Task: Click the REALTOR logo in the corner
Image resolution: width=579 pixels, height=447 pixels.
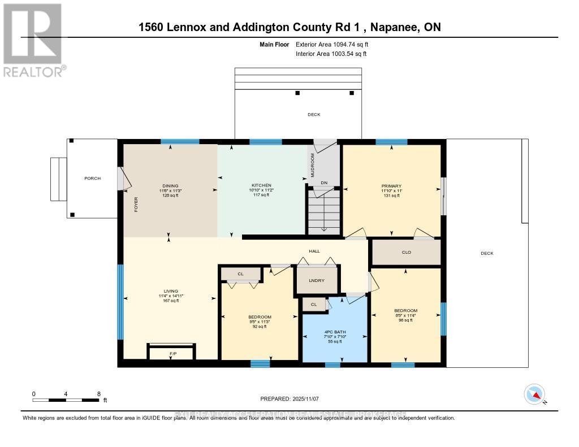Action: click(33, 40)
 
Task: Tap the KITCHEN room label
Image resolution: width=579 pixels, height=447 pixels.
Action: click(261, 185)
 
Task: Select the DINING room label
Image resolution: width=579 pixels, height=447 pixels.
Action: click(170, 186)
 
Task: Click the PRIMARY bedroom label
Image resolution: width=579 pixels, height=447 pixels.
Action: click(391, 186)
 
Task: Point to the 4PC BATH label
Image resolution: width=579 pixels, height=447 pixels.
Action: click(335, 332)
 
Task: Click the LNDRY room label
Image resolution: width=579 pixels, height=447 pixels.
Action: click(317, 280)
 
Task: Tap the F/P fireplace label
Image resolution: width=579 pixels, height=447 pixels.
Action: click(172, 354)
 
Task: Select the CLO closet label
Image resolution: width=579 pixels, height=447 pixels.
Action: click(406, 252)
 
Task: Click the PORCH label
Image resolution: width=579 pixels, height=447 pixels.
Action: click(92, 179)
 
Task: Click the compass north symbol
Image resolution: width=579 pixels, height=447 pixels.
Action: click(534, 394)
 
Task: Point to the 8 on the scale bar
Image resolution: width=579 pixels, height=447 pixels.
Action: click(98, 394)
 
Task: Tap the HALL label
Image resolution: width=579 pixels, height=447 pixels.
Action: click(314, 251)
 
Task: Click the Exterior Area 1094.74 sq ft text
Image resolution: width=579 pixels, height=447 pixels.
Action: click(332, 44)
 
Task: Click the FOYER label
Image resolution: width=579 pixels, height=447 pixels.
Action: click(136, 207)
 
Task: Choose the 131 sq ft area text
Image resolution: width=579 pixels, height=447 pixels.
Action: click(391, 196)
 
